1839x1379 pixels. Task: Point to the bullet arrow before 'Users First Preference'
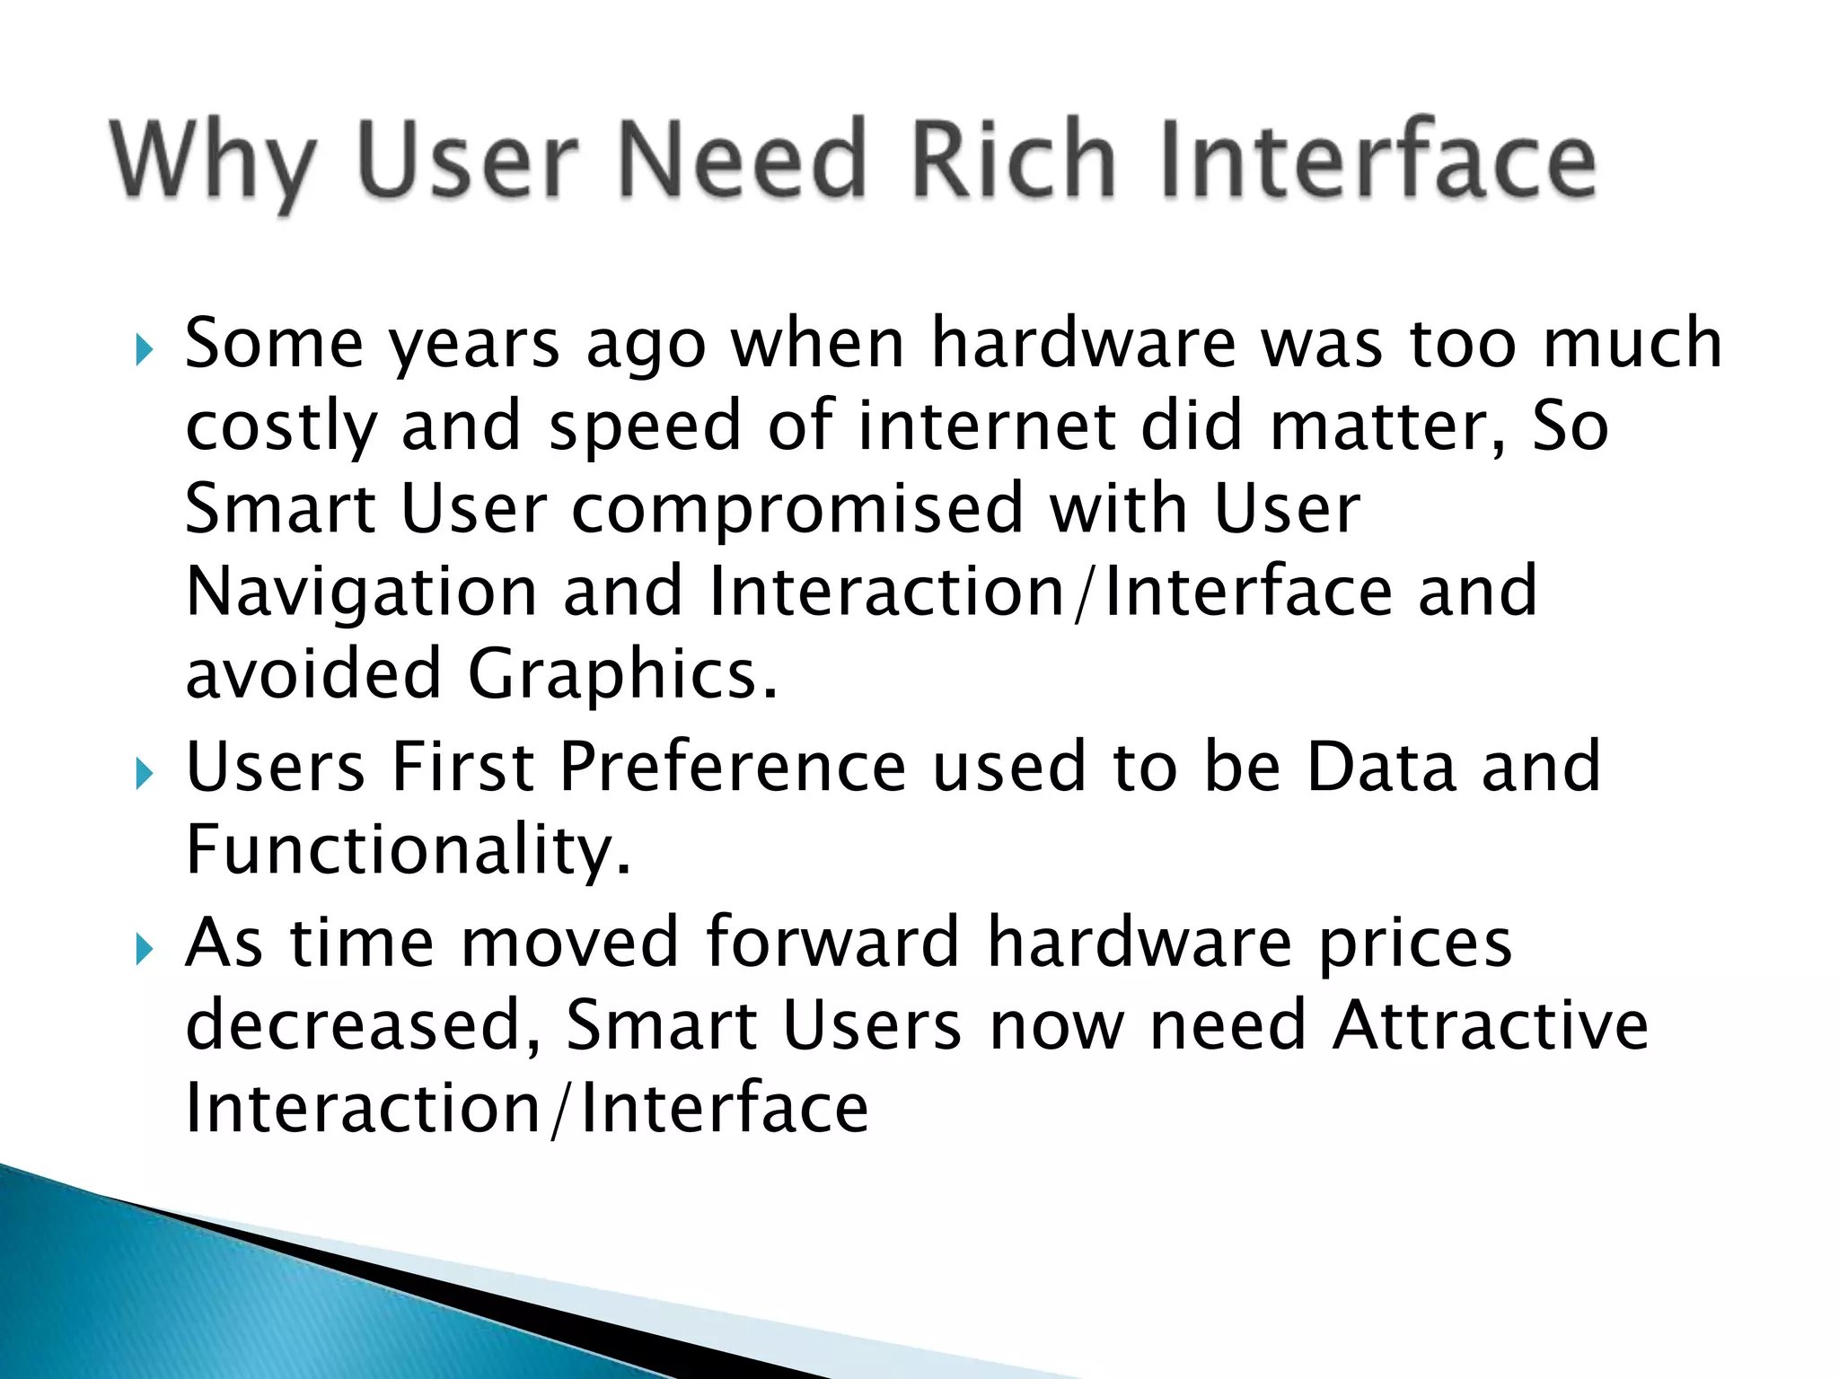point(144,773)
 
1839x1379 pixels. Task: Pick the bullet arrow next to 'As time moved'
point(144,947)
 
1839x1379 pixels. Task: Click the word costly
point(280,427)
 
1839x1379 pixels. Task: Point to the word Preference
point(732,768)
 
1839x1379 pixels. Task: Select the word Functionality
point(408,851)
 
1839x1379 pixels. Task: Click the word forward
point(832,943)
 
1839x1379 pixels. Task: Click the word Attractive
point(1490,1025)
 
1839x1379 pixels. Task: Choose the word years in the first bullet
point(474,347)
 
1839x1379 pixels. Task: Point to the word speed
point(645,427)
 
